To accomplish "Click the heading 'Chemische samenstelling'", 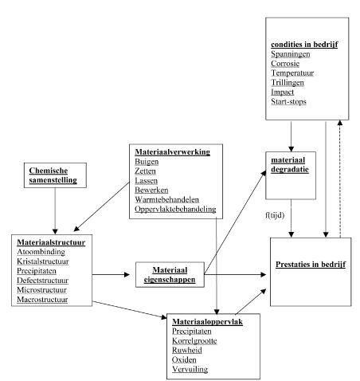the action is (53, 175).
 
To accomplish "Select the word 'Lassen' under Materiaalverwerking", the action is (146, 181).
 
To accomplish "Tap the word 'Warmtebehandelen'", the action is (166, 199).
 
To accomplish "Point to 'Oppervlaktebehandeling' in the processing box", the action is (175, 209).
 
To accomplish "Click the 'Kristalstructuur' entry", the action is (43, 261).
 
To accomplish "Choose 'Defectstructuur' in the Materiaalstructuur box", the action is (42, 281).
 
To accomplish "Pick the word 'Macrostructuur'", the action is (42, 300).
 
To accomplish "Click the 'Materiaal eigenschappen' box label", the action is (170, 275).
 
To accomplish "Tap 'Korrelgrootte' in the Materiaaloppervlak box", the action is (194, 341).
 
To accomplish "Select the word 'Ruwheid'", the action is (187, 351).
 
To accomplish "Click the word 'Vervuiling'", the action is (190, 369).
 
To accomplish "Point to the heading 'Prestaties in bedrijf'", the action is (311, 265).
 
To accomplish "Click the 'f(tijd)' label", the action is (275, 215).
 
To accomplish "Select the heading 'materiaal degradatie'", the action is (290, 165).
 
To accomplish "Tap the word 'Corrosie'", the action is (285, 64).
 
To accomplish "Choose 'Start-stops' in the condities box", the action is (288, 102).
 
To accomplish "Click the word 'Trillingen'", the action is (288, 83).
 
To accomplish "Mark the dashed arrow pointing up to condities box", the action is (340, 179).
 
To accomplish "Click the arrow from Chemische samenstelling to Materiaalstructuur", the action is (55, 211).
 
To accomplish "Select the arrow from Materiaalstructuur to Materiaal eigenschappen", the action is (111, 275).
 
